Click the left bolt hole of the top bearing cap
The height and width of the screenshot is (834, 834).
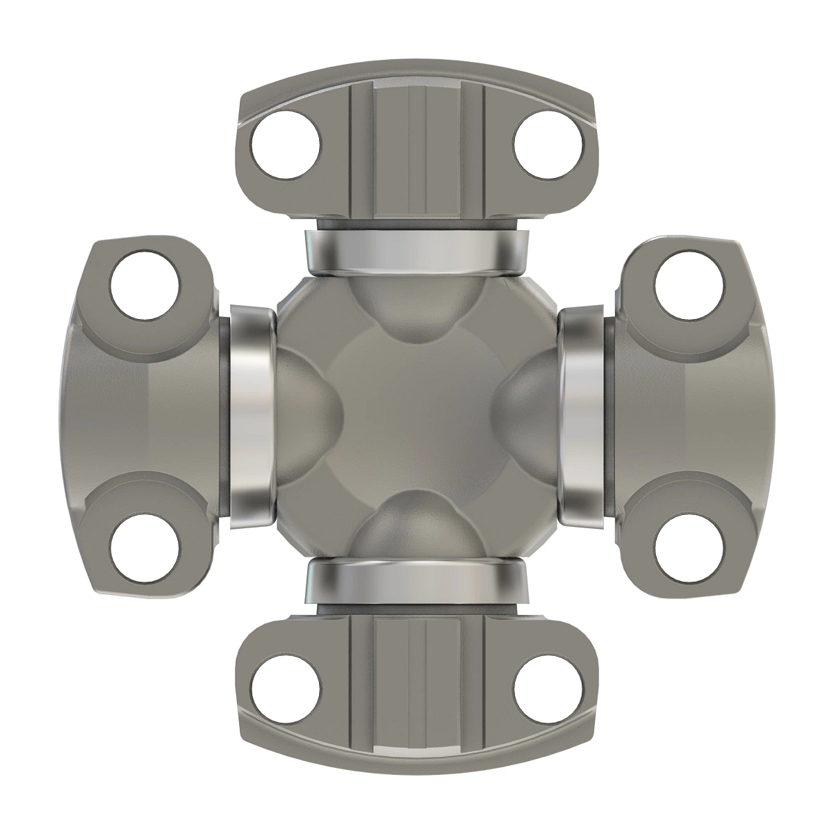point(286,147)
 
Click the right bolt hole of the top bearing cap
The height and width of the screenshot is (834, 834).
point(547,147)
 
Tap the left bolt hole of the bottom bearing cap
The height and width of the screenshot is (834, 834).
point(286,687)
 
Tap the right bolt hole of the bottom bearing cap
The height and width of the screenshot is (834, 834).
point(547,687)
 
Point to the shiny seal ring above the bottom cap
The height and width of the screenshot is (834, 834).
point(417,582)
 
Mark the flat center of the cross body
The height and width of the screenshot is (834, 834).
point(417,417)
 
